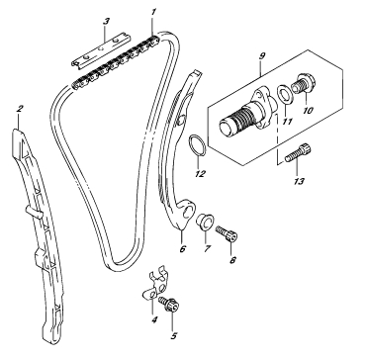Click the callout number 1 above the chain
153,13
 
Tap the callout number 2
20,109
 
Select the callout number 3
106,22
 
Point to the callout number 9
262,55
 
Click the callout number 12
200,173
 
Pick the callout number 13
299,181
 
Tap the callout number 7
207,248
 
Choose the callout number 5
174,335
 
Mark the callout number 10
308,110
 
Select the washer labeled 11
285,94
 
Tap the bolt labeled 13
298,152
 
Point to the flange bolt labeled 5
169,305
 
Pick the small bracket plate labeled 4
154,285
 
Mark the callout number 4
154,319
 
